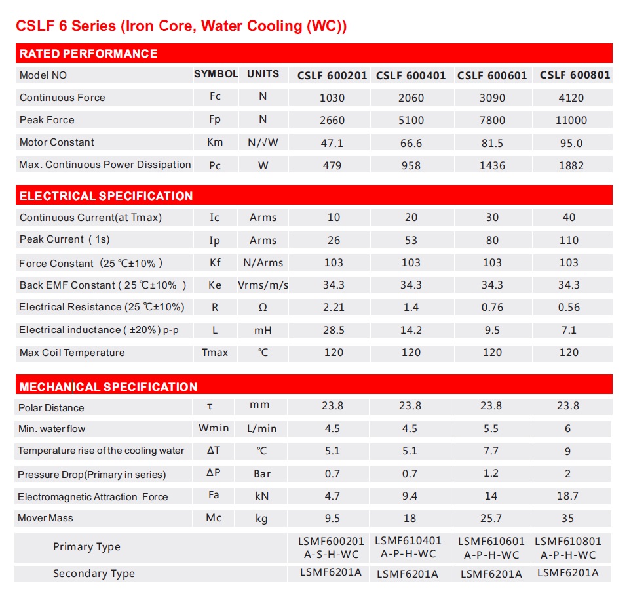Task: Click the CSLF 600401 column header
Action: click(x=411, y=75)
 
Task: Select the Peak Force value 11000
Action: click(x=571, y=120)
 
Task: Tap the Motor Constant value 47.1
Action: click(x=332, y=143)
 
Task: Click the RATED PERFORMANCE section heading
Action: click(x=88, y=53)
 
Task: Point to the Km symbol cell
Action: click(x=215, y=142)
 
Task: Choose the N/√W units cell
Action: click(x=263, y=142)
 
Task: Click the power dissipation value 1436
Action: click(x=492, y=165)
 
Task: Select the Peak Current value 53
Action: click(x=411, y=240)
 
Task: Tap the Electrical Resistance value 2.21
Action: click(x=334, y=307)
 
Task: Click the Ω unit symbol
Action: click(x=263, y=307)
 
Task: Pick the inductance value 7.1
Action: click(x=569, y=330)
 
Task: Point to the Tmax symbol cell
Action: click(x=215, y=353)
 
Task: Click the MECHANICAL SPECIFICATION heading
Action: click(x=108, y=387)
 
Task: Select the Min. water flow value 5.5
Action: click(x=491, y=428)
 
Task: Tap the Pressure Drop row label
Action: click(x=92, y=475)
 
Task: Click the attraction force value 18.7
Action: click(x=567, y=496)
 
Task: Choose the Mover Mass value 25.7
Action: click(x=491, y=519)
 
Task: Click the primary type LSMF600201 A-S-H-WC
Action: click(x=331, y=548)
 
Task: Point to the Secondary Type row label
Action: click(x=94, y=574)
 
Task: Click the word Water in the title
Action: click(x=222, y=26)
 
